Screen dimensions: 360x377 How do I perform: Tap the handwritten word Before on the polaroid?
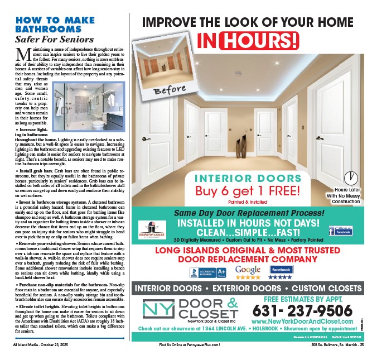click(x=170, y=89)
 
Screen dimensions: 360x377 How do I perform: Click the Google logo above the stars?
click(x=248, y=270)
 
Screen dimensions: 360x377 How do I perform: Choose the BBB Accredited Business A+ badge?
click(x=207, y=273)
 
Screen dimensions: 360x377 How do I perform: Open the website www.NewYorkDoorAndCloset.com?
click(x=302, y=322)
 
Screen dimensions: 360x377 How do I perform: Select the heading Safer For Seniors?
click(x=54, y=40)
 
